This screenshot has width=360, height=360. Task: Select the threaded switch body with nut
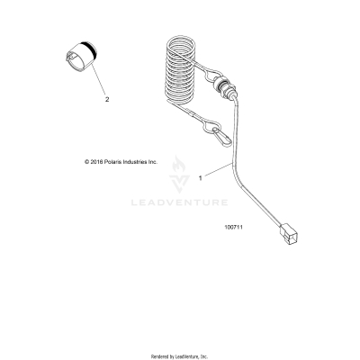point(223,94)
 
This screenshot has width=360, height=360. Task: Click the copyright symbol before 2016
point(85,162)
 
